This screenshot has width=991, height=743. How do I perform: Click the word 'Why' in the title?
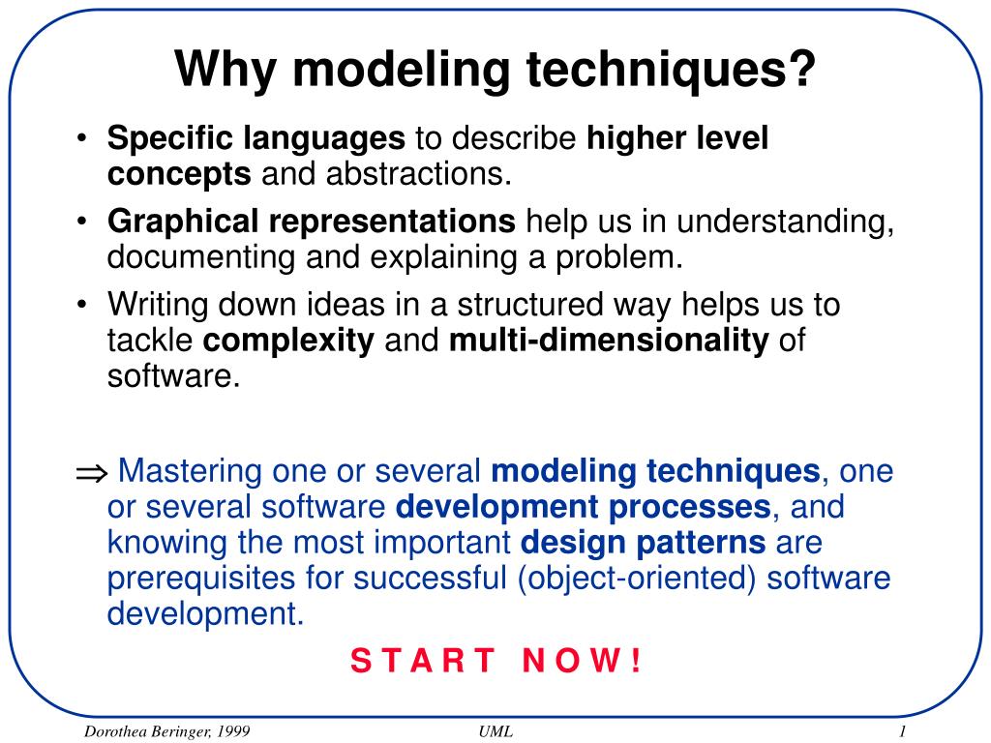click(225, 69)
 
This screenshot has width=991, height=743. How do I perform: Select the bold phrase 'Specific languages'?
click(255, 138)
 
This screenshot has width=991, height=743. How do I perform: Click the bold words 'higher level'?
click(677, 137)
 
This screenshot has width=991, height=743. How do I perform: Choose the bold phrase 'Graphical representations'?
click(312, 222)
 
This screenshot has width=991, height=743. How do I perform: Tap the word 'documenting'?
click(201, 257)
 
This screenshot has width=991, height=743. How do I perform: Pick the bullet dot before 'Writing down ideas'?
click(81, 305)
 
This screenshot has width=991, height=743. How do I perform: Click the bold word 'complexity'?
click(288, 341)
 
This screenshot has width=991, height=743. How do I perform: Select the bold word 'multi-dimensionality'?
click(609, 340)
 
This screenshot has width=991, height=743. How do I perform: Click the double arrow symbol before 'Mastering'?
click(92, 472)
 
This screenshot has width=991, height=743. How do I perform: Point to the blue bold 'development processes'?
click(584, 507)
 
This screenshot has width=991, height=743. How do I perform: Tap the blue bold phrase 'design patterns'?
click(643, 543)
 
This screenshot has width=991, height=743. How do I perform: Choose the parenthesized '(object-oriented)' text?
click(637, 579)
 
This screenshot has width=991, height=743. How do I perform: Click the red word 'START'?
click(423, 660)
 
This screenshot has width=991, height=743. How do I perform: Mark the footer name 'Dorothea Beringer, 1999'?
click(166, 731)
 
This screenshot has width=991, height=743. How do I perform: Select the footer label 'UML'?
click(496, 731)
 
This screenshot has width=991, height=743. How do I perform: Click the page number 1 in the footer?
click(903, 731)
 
